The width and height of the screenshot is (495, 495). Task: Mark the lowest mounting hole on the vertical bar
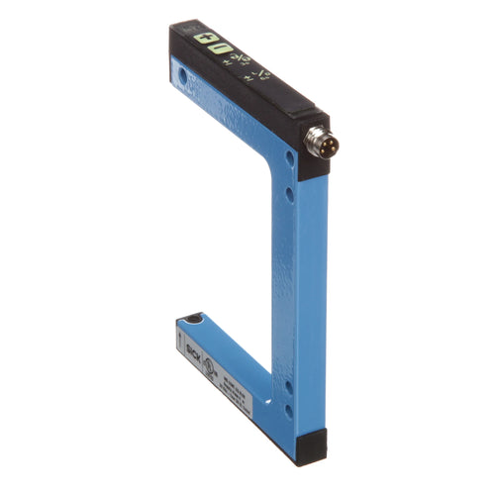click(x=288, y=408)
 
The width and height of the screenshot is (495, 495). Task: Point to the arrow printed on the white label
click(x=179, y=338)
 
